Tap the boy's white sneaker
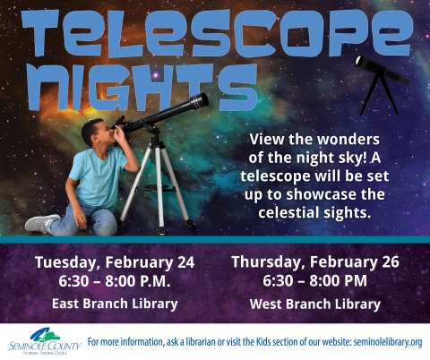[x=40, y=223]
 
